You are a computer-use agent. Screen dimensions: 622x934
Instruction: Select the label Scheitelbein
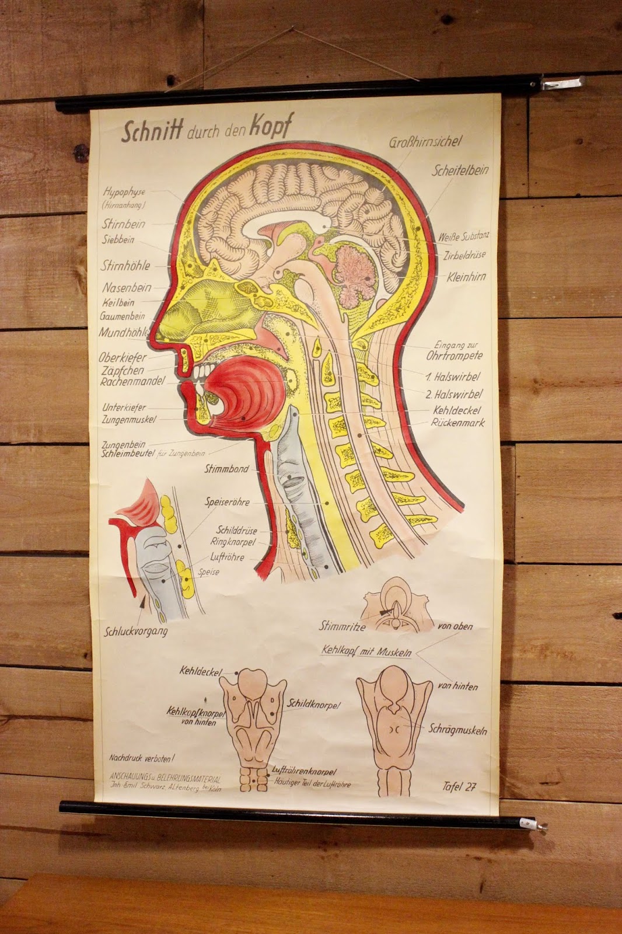pos(460,170)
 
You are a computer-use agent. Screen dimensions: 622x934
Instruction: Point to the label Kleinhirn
pos(466,277)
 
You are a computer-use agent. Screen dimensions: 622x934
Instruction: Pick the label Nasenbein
pos(127,288)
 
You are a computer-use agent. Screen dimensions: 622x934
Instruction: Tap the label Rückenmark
pos(457,423)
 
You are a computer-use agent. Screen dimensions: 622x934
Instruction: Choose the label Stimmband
pos(227,469)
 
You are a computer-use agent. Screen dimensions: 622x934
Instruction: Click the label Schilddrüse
pos(236,531)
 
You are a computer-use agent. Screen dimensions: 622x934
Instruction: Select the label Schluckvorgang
pos(136,632)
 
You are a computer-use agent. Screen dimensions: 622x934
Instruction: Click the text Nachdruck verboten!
pos(141,758)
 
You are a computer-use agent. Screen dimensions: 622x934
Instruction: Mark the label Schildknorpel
pos(313,705)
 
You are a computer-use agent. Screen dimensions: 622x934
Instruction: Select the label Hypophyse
pos(124,192)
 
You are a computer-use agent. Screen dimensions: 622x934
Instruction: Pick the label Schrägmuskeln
pos(457,730)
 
